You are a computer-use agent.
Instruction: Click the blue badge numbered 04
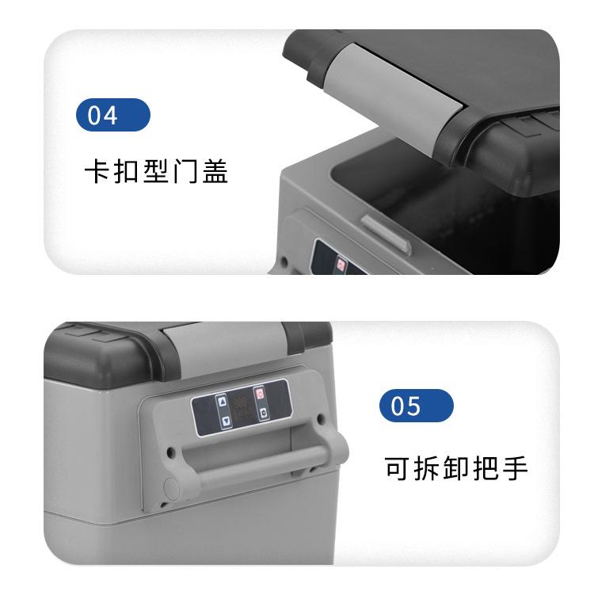point(113,116)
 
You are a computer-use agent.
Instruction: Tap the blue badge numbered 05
point(417,406)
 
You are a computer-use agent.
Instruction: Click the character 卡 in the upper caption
point(97,172)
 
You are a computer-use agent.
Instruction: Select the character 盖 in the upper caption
point(215,172)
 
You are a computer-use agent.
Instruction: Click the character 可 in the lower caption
point(398,467)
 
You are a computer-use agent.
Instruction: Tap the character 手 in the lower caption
point(516,467)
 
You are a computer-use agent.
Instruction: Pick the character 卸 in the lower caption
point(457,467)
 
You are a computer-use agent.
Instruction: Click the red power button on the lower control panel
point(258,394)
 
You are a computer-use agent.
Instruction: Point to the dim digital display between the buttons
point(241,406)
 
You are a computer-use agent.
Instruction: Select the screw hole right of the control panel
point(319,418)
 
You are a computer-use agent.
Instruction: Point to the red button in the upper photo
point(341,264)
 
